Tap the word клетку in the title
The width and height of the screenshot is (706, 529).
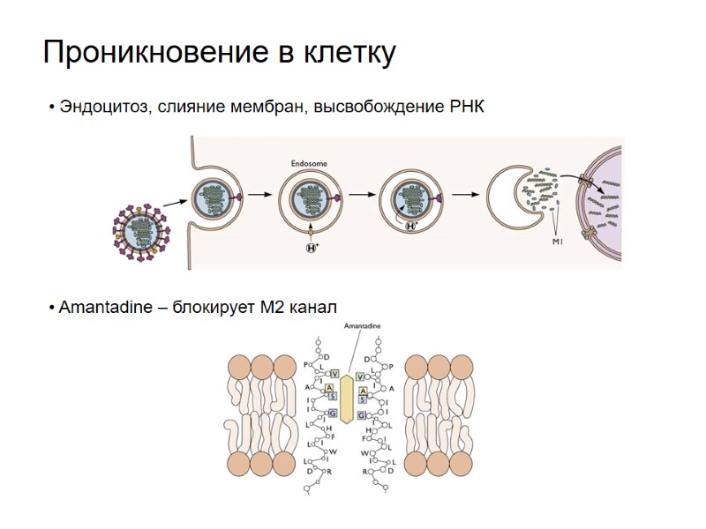345,54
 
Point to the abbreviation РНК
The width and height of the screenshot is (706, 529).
465,108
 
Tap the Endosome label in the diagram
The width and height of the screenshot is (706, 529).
309,164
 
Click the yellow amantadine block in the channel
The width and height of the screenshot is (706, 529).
347,398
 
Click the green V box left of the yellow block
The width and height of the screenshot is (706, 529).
334,375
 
